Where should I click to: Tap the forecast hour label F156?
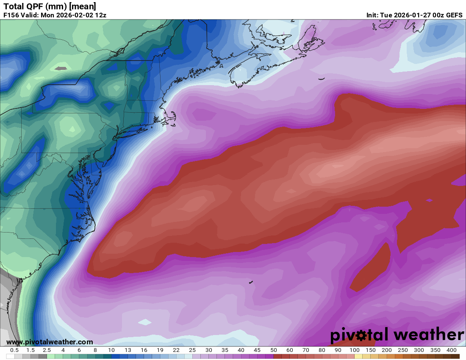(x=11, y=15)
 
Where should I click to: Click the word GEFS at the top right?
(x=453, y=15)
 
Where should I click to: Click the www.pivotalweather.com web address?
(x=50, y=342)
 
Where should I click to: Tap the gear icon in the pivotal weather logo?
(x=362, y=336)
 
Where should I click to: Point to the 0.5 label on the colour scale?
(x=14, y=350)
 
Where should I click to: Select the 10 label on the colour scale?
(x=111, y=350)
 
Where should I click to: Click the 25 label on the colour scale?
(x=192, y=350)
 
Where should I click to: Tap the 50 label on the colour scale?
(x=273, y=350)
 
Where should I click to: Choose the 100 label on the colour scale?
(x=354, y=350)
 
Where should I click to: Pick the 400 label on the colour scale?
(x=451, y=350)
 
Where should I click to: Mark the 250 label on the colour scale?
(x=403, y=350)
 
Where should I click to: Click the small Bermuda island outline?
(x=251, y=282)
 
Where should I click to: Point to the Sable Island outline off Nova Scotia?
(x=322, y=78)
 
